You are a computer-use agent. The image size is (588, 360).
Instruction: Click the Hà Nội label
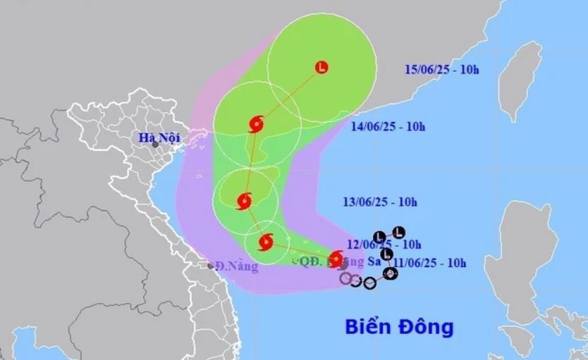pyautogui.click(x=159, y=138)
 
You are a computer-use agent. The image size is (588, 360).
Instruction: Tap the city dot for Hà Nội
pyautogui.click(x=155, y=145)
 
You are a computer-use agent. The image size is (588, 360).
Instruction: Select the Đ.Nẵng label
pyautogui.click(x=237, y=266)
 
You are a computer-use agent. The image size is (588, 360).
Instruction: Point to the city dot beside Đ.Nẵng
pyautogui.click(x=211, y=266)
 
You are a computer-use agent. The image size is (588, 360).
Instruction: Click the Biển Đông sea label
pyautogui.click(x=399, y=328)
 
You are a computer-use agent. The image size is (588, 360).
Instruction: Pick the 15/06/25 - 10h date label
pyautogui.click(x=452, y=69)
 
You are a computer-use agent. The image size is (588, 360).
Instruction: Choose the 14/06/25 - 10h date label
pyautogui.click(x=388, y=127)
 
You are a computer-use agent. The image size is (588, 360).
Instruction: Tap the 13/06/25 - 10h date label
pyautogui.click(x=381, y=202)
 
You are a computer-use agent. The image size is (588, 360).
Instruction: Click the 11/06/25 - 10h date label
pyautogui.click(x=431, y=263)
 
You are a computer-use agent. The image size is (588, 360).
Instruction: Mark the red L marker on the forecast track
pyautogui.click(x=322, y=68)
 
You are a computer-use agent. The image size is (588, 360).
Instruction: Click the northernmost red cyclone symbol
pyautogui.click(x=257, y=125)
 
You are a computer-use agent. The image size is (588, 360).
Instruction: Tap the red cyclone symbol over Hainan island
pyautogui.click(x=245, y=201)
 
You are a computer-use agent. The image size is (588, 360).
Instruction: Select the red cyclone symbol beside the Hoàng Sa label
pyautogui.click(x=336, y=258)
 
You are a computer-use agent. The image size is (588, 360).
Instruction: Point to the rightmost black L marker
pyautogui.click(x=398, y=232)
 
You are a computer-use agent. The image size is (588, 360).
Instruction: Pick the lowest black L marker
pyautogui.click(x=386, y=254)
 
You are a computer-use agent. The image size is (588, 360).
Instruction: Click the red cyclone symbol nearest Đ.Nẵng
pyautogui.click(x=266, y=243)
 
